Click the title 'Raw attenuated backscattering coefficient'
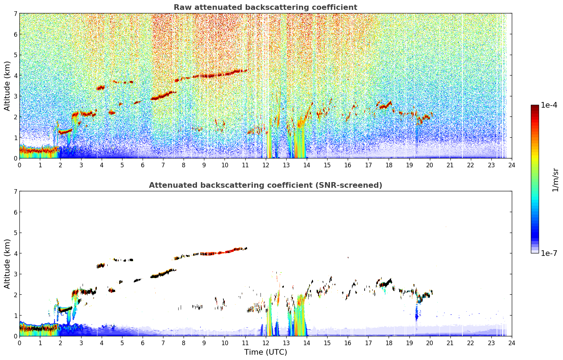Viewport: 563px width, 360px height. click(265, 7)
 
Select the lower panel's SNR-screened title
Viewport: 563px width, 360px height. click(265, 185)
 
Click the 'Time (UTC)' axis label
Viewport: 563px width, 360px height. click(265, 352)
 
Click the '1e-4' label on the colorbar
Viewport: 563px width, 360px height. click(549, 105)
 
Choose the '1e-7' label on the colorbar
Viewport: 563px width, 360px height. click(549, 253)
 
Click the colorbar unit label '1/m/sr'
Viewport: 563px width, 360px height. click(555, 180)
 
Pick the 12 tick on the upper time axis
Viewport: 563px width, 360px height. click(266, 165)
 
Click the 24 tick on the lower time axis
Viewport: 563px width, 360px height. click(512, 343)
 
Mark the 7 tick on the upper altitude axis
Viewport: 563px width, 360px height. click(16, 13)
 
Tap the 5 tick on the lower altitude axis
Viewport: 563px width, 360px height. click(16, 233)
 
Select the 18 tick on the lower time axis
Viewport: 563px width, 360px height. click(389, 343)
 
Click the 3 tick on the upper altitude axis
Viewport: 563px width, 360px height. click(16, 96)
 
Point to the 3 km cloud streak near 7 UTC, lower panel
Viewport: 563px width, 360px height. click(163, 274)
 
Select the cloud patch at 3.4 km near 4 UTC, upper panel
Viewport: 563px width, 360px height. click(101, 88)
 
